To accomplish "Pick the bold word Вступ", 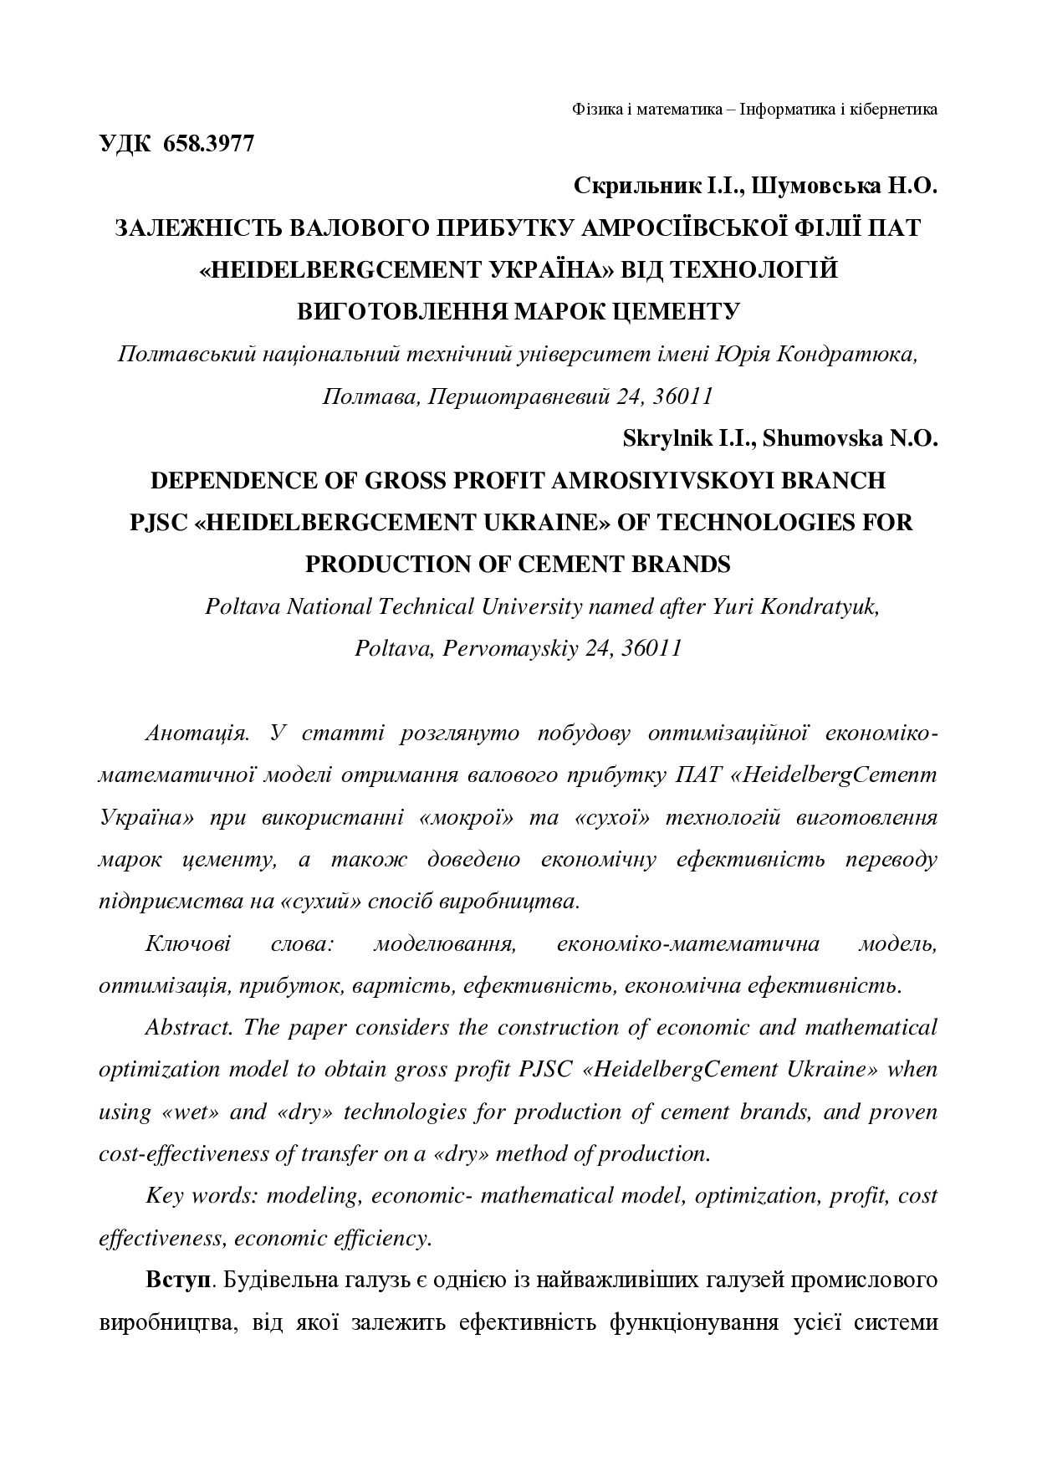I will click(176, 1280).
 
